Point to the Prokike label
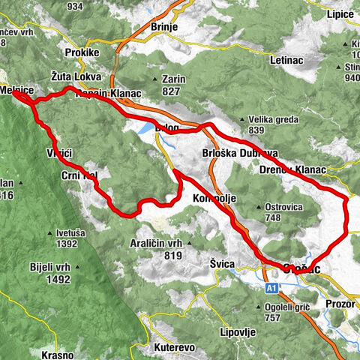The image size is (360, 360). pyautogui.click(x=82, y=54)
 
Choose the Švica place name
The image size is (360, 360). pyautogui.click(x=223, y=265)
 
